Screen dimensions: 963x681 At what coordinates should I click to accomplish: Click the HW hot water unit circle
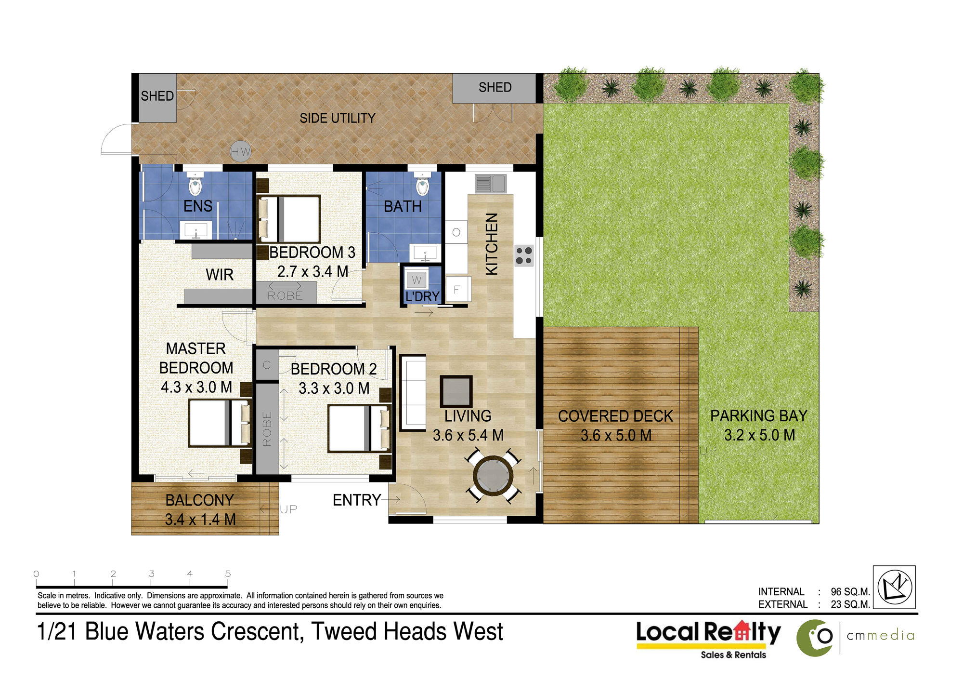(x=240, y=151)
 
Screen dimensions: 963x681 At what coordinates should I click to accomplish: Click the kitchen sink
(x=491, y=184)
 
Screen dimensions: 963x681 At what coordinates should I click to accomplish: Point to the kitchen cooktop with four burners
(x=524, y=256)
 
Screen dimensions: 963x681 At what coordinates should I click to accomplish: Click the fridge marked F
(x=458, y=289)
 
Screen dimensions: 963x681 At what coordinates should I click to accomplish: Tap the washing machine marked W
(x=416, y=280)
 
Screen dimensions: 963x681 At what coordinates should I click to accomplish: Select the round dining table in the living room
(x=493, y=476)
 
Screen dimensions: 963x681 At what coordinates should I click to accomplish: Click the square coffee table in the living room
(x=456, y=391)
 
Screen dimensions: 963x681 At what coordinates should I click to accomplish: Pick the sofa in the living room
(x=413, y=392)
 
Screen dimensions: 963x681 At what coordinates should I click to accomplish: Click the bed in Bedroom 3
(x=288, y=219)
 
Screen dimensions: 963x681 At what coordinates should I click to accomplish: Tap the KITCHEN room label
(x=492, y=244)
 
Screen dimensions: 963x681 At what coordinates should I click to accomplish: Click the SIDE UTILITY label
(x=338, y=118)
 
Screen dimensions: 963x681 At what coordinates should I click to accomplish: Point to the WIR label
(x=220, y=275)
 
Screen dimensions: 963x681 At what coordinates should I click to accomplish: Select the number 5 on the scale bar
(x=228, y=574)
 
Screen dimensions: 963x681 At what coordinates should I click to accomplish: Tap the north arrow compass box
(x=894, y=587)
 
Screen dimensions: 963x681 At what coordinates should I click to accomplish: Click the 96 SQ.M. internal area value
(x=850, y=592)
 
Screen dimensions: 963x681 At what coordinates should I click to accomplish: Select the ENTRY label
(x=357, y=500)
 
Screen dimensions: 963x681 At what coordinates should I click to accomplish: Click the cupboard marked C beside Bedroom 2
(x=267, y=365)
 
